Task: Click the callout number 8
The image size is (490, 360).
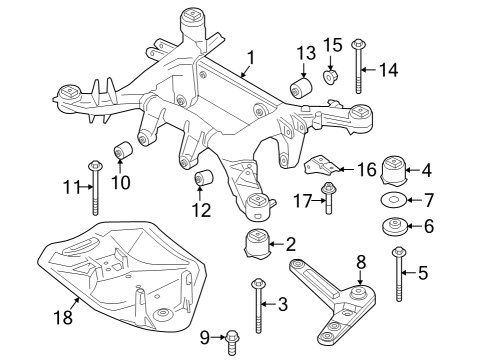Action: [361, 263]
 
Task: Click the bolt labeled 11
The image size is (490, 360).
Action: [95, 186]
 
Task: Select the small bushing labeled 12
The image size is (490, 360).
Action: [207, 180]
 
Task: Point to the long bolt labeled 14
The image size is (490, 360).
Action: [358, 68]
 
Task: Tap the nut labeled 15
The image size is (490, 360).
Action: [333, 78]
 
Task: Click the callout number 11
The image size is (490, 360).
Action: [69, 186]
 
